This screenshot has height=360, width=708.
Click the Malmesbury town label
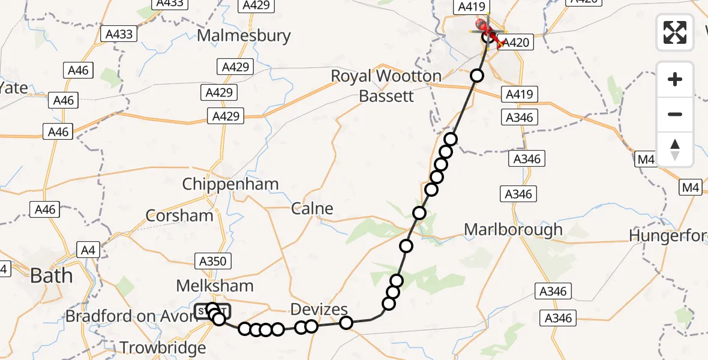point(244,35)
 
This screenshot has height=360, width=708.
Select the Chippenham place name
point(230,184)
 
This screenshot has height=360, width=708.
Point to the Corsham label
point(180,216)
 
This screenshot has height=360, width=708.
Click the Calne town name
point(312,209)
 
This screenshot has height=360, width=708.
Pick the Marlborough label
point(514,229)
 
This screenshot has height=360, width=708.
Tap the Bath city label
point(52,276)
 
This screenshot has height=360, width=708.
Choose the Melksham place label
point(215,286)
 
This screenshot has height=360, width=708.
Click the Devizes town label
point(319,310)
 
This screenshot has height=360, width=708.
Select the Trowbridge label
point(163,347)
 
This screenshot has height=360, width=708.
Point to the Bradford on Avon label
point(131,316)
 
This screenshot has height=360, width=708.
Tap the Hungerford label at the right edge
point(668,236)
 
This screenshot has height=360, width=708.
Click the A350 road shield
point(213,261)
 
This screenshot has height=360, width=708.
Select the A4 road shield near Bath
point(88,250)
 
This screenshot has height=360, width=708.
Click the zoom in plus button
point(675,79)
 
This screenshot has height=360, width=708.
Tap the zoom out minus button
point(675,114)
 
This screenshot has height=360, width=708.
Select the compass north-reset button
point(675,149)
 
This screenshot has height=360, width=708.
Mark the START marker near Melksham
point(212,311)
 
